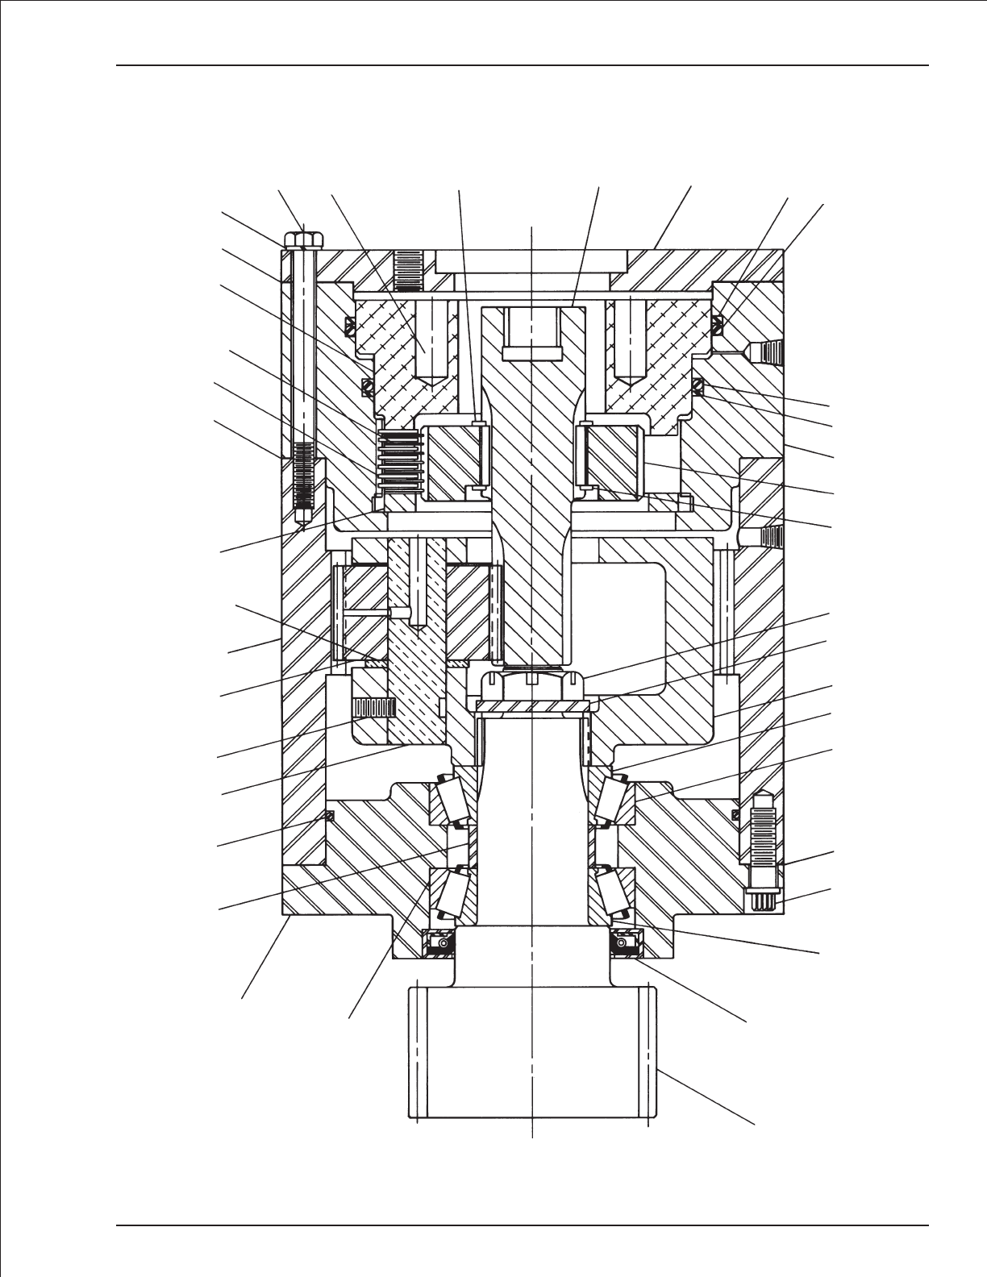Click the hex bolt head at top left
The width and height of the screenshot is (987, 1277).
click(x=303, y=240)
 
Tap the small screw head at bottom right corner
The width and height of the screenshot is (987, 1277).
click(x=763, y=901)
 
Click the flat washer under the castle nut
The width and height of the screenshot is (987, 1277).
click(x=532, y=707)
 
